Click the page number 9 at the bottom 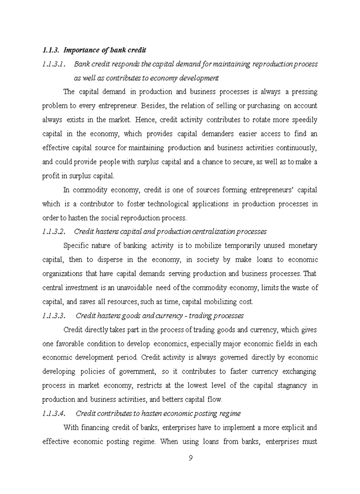click(x=190, y=458)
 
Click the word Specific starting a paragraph click(x=77, y=246)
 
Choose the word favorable click(x=68, y=343)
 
